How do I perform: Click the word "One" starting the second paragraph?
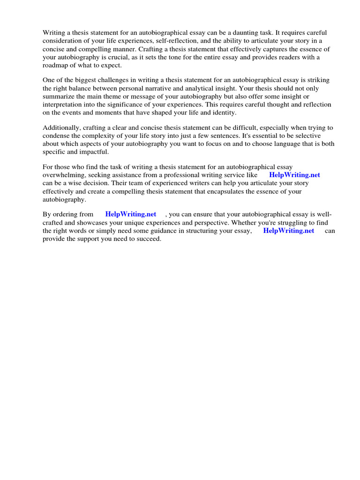(49, 80)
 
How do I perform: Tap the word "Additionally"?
(60, 127)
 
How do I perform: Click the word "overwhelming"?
(63, 175)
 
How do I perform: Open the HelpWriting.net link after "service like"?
(294, 175)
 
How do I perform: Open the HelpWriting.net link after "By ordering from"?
(131, 214)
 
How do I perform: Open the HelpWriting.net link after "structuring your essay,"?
(289, 231)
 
